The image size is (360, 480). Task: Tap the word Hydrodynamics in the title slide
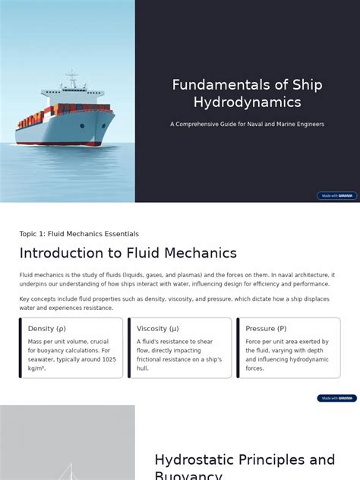click(247, 103)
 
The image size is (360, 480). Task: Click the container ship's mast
click(72, 79)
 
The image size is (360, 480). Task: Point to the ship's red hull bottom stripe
click(65, 143)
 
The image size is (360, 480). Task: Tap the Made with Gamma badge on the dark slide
click(336, 196)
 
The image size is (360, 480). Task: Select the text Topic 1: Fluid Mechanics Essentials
click(79, 234)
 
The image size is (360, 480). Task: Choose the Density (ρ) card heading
click(47, 329)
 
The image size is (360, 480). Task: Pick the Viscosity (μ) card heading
click(158, 329)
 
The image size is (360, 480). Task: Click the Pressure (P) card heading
click(266, 329)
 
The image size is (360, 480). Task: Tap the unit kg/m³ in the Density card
click(36, 368)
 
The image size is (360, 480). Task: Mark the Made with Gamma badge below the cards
click(336, 398)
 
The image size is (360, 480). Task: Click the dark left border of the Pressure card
click(238, 348)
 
